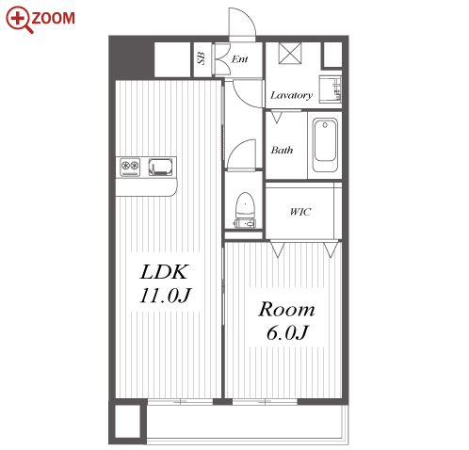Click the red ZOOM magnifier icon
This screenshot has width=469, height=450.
[19, 20]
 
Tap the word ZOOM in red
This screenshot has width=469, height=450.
[54, 18]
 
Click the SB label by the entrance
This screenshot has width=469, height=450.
[201, 58]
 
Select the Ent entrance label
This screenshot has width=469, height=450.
[240, 59]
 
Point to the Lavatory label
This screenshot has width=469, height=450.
[291, 95]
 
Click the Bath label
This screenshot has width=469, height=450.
[282, 150]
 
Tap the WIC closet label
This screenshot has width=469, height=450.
[300, 212]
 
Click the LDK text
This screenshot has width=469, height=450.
[164, 272]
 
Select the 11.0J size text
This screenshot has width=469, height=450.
[165, 296]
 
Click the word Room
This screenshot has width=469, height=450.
[286, 309]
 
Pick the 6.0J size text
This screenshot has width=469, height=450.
[287, 332]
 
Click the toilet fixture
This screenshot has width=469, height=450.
[245, 210]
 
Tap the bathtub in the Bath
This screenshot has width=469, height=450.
[325, 145]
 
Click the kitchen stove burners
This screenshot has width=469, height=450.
[130, 167]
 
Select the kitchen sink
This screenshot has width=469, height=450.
[160, 167]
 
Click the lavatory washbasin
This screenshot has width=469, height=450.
[331, 89]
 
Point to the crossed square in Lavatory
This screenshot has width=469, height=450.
[290, 53]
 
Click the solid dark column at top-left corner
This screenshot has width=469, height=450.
[132, 57]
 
